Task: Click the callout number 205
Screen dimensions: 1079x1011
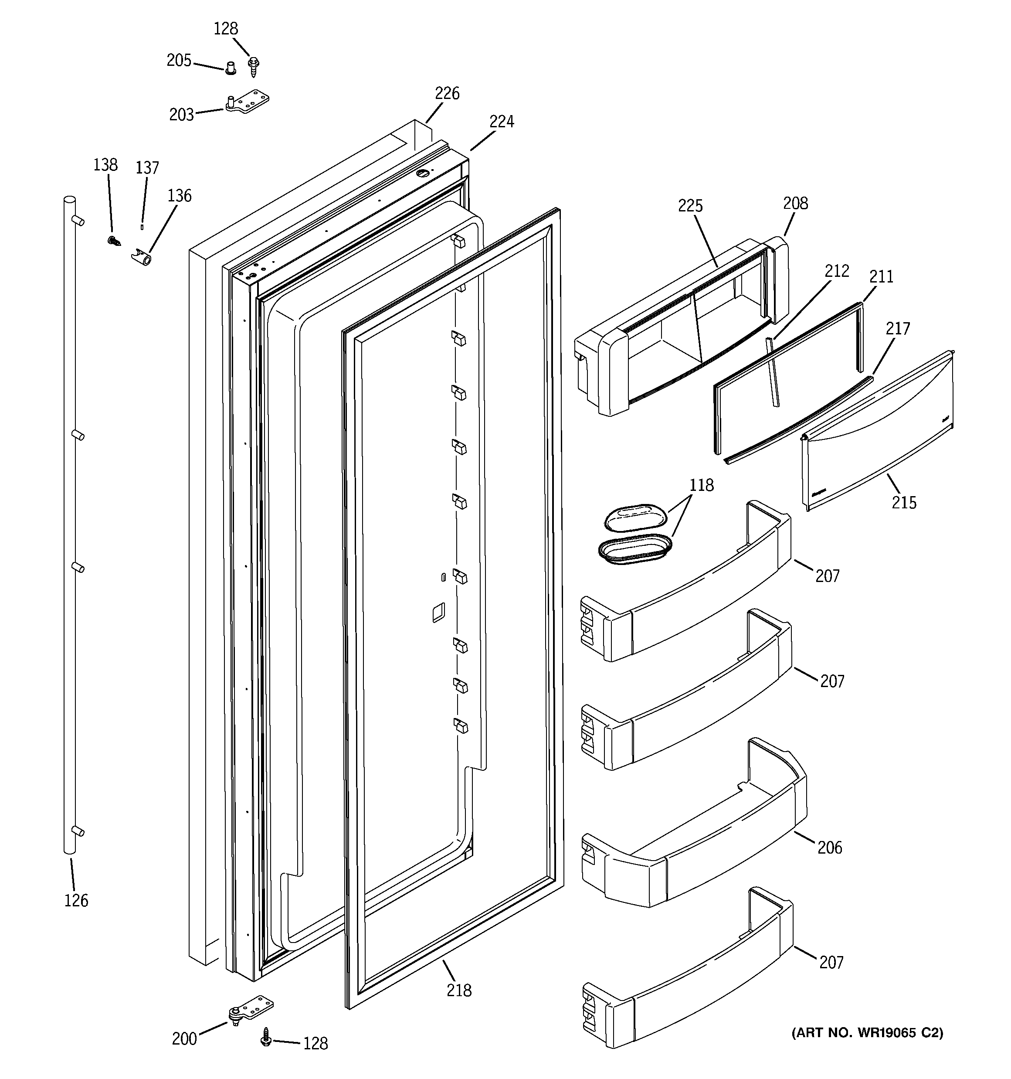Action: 179,60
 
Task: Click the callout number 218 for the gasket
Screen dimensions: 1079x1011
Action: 459,991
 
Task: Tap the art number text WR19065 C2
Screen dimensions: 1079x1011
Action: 867,1033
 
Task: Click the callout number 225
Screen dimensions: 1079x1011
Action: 690,206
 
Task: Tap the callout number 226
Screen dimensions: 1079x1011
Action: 447,93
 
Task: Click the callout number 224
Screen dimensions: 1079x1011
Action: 502,122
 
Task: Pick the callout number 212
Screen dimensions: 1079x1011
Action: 836,271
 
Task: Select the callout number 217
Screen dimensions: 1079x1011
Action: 898,328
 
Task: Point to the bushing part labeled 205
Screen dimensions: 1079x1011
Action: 231,69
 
